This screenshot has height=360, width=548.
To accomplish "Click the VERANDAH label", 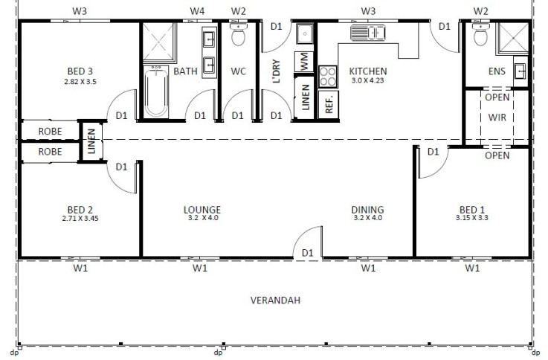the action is [x=275, y=300].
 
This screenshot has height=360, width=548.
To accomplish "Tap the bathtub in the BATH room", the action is [x=156, y=91].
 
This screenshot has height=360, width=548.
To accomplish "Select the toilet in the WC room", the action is [x=239, y=34].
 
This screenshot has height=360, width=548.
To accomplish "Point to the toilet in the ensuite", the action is [x=480, y=34].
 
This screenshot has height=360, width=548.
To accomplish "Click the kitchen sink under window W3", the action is [x=367, y=33].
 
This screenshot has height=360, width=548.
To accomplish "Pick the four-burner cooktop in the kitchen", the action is [x=328, y=77].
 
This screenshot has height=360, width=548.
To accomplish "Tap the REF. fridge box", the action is [x=329, y=104].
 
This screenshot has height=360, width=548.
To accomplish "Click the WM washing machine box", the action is [x=304, y=62].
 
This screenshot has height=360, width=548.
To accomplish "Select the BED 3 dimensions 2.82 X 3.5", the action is [x=80, y=82].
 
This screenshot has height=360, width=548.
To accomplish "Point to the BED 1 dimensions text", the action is [x=472, y=218].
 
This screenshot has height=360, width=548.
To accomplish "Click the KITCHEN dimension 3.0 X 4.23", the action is [x=367, y=80].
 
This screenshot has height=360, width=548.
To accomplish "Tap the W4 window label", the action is [x=197, y=11].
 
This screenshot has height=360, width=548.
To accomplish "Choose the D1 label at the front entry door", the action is [x=307, y=252].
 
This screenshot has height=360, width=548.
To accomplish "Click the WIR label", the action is [x=497, y=117].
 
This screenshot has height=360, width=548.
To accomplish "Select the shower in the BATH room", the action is [x=158, y=42].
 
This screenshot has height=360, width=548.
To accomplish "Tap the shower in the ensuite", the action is [x=513, y=39].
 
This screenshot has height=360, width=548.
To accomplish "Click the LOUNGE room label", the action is [x=202, y=210].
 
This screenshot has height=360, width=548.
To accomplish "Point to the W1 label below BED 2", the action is [x=80, y=268].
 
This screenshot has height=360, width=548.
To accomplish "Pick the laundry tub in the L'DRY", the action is [x=305, y=33].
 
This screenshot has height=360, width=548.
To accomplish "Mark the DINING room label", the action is [x=367, y=210].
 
